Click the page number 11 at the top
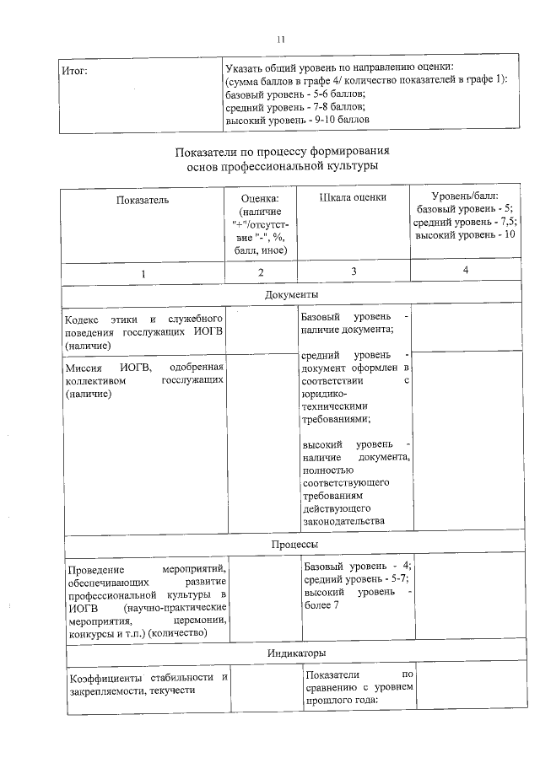pyautogui.click(x=282, y=39)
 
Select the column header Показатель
pyautogui.click(x=143, y=200)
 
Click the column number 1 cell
pyautogui.click(x=143, y=272)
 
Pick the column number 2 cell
pyautogui.click(x=261, y=272)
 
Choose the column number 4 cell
pyautogui.click(x=466, y=269)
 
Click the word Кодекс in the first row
pyautogui.click(x=82, y=320)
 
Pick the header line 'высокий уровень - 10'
pyautogui.click(x=466, y=234)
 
